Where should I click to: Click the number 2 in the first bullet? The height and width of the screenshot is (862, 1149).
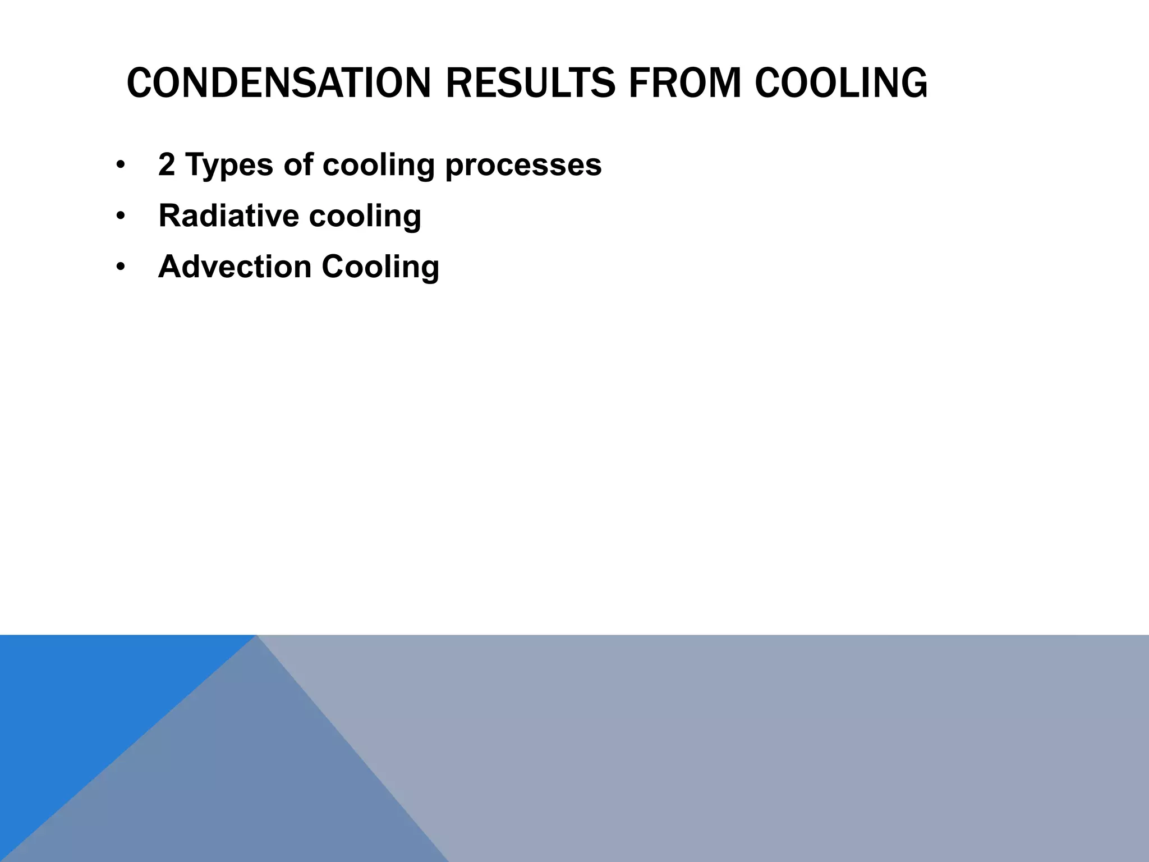pyautogui.click(x=167, y=164)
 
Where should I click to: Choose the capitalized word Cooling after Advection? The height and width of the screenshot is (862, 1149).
pyautogui.click(x=380, y=268)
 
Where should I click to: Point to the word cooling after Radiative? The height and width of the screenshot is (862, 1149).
pyautogui.click(x=365, y=217)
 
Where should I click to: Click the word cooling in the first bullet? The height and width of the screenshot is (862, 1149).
pyautogui.click(x=379, y=166)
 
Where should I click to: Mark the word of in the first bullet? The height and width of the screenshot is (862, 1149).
pyautogui.click(x=298, y=164)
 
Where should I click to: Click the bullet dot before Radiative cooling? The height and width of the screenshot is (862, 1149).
pyautogui.click(x=120, y=216)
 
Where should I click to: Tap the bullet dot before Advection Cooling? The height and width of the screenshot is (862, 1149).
pyautogui.click(x=120, y=267)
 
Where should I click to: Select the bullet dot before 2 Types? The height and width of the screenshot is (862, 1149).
pyautogui.click(x=120, y=165)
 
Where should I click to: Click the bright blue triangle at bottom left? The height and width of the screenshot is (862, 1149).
pyautogui.click(x=73, y=701)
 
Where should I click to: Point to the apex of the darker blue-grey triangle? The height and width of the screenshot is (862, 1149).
pyautogui.click(x=257, y=636)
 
